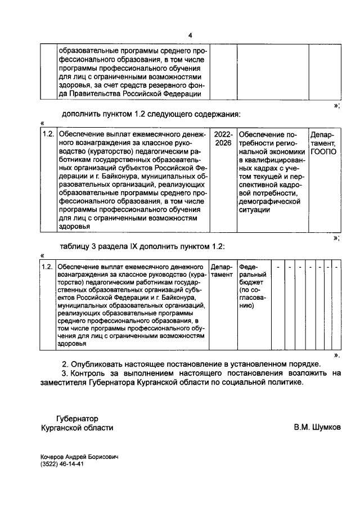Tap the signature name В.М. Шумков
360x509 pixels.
click(x=317, y=427)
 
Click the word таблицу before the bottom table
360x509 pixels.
click(x=79, y=247)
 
